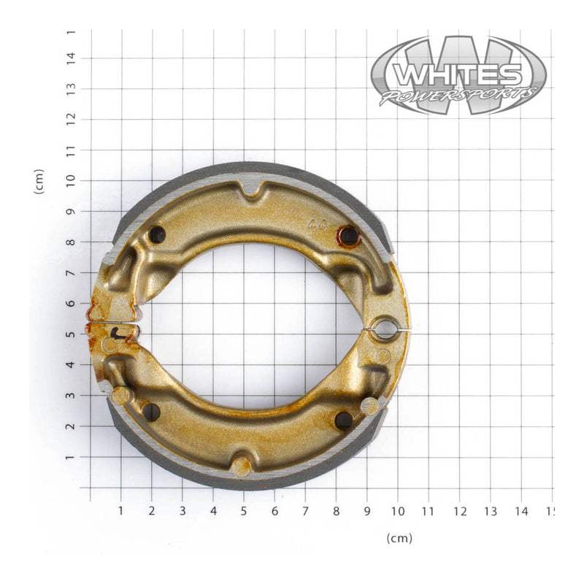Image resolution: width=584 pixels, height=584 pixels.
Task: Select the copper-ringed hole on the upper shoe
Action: click(349, 236)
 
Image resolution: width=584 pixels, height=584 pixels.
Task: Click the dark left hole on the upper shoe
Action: click(157, 234)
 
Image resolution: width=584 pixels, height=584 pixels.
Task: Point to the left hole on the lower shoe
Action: click(151, 412)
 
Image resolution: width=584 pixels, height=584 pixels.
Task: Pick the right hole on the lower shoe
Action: click(343, 420)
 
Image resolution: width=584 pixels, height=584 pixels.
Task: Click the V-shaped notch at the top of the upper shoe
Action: click(252, 188)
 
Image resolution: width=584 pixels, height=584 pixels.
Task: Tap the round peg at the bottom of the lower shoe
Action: click(241, 465)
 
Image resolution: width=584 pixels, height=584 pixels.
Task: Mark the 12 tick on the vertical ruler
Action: click(71, 119)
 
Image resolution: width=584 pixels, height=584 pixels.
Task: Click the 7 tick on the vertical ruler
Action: click(71, 273)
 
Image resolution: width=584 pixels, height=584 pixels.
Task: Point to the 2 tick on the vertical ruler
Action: click(71, 426)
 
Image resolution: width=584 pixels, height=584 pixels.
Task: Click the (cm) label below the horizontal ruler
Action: click(399, 539)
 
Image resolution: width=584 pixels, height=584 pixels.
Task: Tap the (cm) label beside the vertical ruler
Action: click(39, 181)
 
